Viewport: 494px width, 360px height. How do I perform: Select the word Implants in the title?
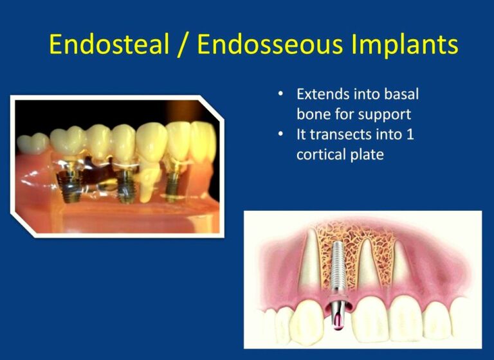pos(404,45)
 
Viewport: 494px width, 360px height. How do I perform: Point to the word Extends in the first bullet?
pos(322,94)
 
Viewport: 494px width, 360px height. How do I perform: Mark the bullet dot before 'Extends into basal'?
pos(280,94)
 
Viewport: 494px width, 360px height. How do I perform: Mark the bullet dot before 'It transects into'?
pos(280,135)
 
